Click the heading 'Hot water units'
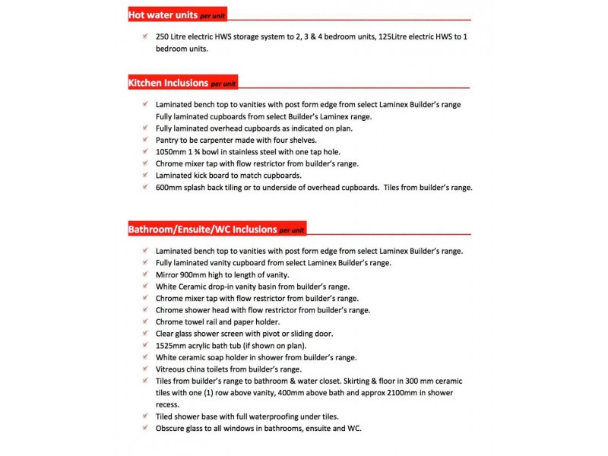coord(163,14)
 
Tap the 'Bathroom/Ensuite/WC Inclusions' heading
coord(201,229)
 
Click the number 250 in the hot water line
coord(163,36)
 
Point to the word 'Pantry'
coord(169,140)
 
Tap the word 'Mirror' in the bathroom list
coord(169,274)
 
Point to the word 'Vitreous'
coord(173,369)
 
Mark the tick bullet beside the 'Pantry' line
coord(144,139)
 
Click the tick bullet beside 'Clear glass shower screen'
coord(144,333)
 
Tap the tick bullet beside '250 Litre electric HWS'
coord(144,36)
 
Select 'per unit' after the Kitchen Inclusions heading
coord(224,84)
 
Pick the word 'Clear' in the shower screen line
coord(166,334)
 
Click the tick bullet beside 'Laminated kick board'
coord(144,175)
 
